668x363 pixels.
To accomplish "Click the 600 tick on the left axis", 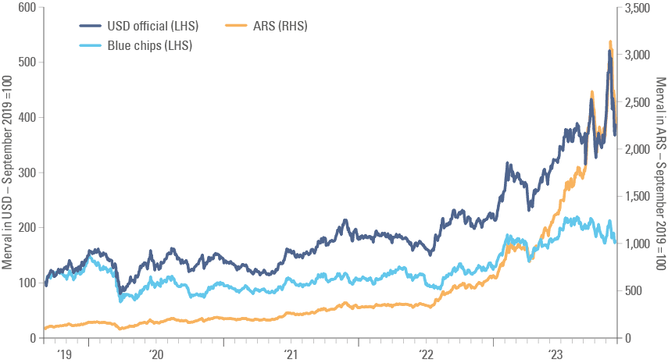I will (27, 6).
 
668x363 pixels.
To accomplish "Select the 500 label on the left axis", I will (27, 62).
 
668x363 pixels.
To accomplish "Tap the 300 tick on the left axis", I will (27, 173).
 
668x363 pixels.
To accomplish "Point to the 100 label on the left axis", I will (27, 283).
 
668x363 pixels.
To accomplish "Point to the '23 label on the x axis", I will (556, 354).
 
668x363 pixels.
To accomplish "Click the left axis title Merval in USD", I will (7, 173).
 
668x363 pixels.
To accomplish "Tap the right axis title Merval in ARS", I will (661, 173).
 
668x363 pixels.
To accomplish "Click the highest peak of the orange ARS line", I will (610, 41).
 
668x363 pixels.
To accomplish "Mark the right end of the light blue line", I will (615, 238).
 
